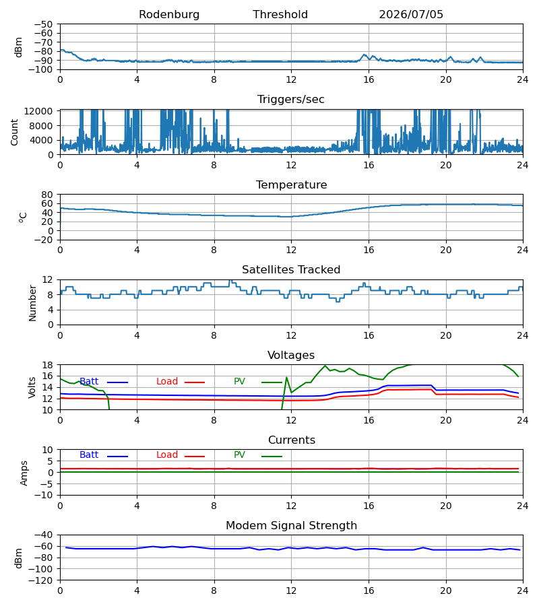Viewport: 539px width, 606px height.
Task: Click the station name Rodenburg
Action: (x=169, y=15)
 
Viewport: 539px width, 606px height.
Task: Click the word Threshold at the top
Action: (x=280, y=15)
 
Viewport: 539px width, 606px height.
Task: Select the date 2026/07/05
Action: (x=411, y=15)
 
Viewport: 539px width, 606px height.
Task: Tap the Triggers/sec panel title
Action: (x=291, y=100)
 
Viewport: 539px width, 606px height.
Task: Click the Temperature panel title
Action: (x=291, y=184)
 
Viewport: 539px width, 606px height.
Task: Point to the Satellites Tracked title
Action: (x=291, y=270)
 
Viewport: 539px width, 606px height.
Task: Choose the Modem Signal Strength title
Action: (x=291, y=526)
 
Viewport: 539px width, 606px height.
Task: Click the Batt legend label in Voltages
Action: (x=89, y=382)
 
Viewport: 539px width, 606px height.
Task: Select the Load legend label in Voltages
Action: (x=167, y=382)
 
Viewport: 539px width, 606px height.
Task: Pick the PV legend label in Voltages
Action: (x=239, y=382)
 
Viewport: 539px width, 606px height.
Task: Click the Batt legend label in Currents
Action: (x=89, y=455)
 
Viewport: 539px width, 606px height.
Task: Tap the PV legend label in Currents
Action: (x=239, y=455)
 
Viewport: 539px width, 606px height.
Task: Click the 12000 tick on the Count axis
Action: (x=38, y=111)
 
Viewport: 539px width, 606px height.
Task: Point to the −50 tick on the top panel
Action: (x=43, y=24)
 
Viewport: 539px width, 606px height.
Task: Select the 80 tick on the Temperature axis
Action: (x=47, y=195)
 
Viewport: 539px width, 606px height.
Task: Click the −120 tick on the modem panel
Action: (x=41, y=580)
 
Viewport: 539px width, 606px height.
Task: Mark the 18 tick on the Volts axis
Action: (x=47, y=365)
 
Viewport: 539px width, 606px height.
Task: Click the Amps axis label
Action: (x=24, y=473)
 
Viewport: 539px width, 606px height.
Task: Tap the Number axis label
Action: (x=32, y=304)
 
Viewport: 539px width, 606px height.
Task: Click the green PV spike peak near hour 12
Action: (x=286, y=377)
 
